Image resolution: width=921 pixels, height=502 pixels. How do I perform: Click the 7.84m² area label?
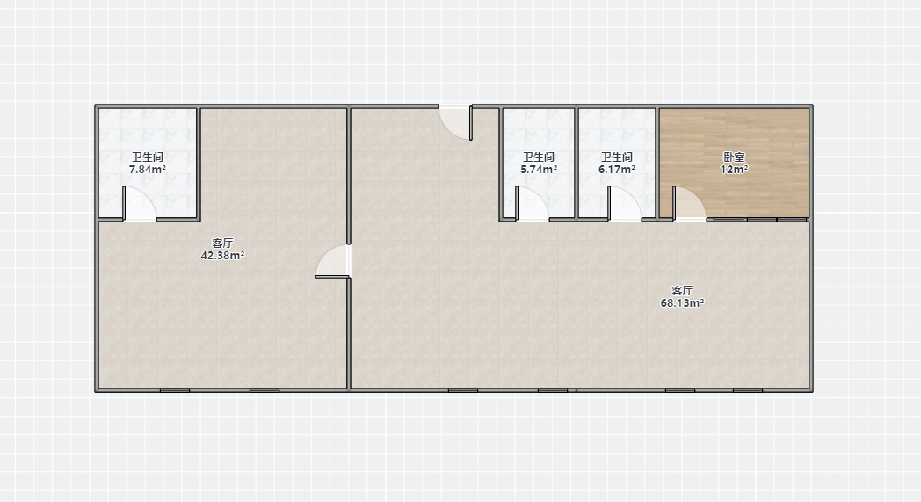pyautogui.click(x=148, y=170)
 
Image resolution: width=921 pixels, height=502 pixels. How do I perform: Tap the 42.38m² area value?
pyautogui.click(x=222, y=256)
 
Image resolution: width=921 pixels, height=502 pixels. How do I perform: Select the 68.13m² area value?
pyautogui.click(x=683, y=303)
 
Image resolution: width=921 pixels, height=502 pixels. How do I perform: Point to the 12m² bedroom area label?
pyautogui.click(x=734, y=170)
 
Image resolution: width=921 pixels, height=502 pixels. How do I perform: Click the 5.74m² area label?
pyautogui.click(x=539, y=170)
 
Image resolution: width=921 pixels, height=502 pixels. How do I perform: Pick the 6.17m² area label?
pyautogui.click(x=617, y=170)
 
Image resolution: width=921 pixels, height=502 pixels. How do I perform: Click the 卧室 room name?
pyautogui.click(x=734, y=157)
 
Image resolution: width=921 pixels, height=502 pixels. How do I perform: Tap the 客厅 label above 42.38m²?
pyautogui.click(x=222, y=243)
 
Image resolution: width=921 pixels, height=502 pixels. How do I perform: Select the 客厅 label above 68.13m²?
pyautogui.click(x=683, y=290)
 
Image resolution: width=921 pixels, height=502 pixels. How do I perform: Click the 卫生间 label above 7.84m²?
pyautogui.click(x=148, y=157)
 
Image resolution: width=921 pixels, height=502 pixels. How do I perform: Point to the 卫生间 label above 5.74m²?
pyautogui.click(x=539, y=157)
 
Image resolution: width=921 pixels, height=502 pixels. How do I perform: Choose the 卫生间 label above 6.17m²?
pyautogui.click(x=617, y=157)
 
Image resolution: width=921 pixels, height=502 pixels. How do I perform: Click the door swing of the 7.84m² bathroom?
pyautogui.click(x=140, y=204)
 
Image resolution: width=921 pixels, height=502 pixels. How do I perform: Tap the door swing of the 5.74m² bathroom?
pyautogui.click(x=533, y=204)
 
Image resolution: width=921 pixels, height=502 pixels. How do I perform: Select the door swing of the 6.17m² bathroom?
pyautogui.click(x=626, y=204)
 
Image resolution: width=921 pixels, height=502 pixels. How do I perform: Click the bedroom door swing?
pyautogui.click(x=690, y=204)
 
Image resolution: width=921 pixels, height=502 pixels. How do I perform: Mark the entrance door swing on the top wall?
pyautogui.click(x=456, y=122)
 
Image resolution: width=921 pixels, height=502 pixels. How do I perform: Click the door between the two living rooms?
pyautogui.click(x=332, y=260)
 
